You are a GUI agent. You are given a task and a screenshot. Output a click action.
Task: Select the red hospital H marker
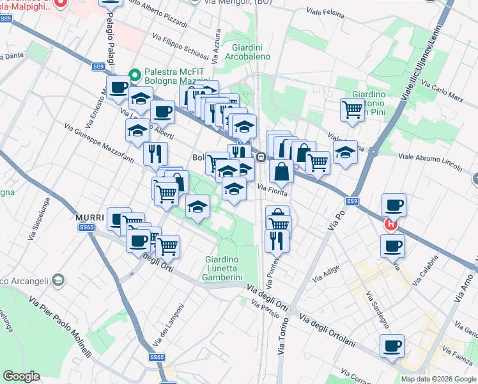[x=390, y=225]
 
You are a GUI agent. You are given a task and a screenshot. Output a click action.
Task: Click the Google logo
[x=21, y=376]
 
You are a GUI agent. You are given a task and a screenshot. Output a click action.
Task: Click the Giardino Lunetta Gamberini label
[x=228, y=268]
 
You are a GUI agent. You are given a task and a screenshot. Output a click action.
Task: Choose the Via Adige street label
[x=326, y=275]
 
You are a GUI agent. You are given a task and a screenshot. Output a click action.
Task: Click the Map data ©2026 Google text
[x=438, y=379]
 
